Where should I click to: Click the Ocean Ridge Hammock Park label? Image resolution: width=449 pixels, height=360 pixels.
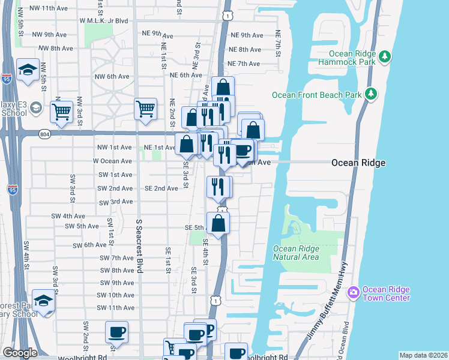coord(346,58)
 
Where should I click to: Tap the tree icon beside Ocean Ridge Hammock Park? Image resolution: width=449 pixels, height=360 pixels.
coord(385,57)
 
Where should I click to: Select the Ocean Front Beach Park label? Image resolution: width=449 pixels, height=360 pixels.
coord(316,95)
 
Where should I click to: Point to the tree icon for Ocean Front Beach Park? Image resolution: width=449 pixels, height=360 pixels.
coord(371,94)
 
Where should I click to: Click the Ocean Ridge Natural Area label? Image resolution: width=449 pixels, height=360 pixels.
coord(295,253)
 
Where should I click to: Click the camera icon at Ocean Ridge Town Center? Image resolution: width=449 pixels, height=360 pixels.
coord(353,292)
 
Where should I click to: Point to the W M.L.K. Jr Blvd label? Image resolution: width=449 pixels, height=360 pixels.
coord(104,20)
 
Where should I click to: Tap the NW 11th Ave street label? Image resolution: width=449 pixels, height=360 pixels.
coord(49,8)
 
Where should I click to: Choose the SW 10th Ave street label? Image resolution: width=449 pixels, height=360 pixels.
coord(117,295)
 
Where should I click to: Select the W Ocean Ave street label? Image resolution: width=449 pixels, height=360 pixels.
coord(112,161)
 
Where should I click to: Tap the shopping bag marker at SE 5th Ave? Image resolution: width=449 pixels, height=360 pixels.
coord(218,224)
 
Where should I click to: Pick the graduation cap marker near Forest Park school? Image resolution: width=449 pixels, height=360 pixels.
coord(43,301)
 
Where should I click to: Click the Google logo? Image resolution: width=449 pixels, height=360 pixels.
coord(20,353)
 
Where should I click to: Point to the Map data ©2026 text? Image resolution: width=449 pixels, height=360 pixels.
coord(423,355)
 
